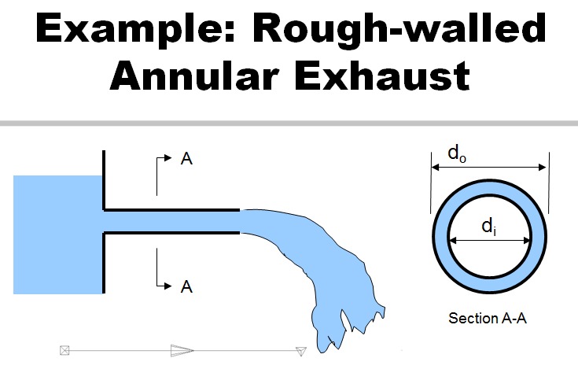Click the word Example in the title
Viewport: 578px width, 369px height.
point(135,29)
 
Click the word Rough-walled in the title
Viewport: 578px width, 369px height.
point(399,29)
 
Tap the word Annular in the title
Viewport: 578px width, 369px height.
point(194,76)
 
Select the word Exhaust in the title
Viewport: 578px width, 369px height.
point(382,76)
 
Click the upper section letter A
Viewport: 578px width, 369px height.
point(186,159)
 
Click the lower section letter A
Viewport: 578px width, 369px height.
point(186,286)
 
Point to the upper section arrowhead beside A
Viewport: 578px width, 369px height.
point(168,158)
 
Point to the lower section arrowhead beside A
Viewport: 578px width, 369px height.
point(168,286)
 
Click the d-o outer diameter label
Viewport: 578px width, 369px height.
point(457,153)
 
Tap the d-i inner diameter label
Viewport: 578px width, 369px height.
point(489,226)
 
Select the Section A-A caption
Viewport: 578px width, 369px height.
point(488,318)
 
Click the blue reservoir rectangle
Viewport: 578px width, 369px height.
point(58,234)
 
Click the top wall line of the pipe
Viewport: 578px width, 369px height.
point(171,210)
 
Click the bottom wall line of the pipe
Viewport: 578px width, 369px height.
point(171,233)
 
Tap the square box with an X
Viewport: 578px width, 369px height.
point(64,350)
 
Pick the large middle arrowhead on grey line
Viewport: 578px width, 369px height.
point(182,351)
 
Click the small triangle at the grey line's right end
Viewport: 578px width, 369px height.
point(301,352)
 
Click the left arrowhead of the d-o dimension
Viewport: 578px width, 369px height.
point(436,168)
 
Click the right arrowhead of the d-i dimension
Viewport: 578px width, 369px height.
point(527,241)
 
